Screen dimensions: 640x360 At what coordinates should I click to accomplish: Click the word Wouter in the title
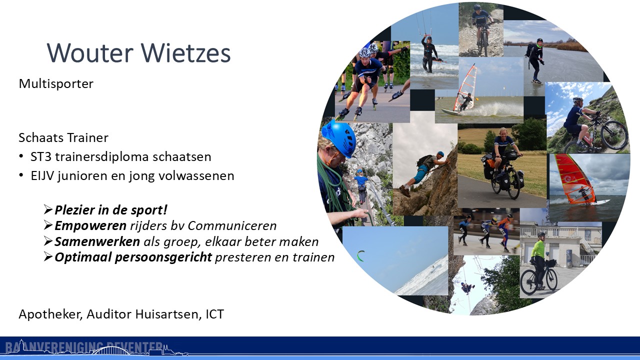(90, 53)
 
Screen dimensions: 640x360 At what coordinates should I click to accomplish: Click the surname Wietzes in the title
(185, 53)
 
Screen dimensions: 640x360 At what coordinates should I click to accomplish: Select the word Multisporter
(56, 84)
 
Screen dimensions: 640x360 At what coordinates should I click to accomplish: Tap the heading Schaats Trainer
(63, 137)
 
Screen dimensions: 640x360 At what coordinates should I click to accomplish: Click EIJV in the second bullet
(42, 175)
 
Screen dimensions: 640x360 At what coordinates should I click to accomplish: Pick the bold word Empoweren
(90, 226)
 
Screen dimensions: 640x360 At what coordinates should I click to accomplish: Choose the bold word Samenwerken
(97, 241)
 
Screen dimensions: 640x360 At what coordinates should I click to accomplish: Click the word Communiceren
(232, 225)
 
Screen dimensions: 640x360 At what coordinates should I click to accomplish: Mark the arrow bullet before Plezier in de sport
(48, 209)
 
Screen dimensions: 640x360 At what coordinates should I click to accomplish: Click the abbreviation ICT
(215, 314)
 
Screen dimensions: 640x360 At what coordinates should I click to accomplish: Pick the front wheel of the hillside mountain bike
(614, 135)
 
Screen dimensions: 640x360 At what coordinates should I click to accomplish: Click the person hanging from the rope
(467, 287)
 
